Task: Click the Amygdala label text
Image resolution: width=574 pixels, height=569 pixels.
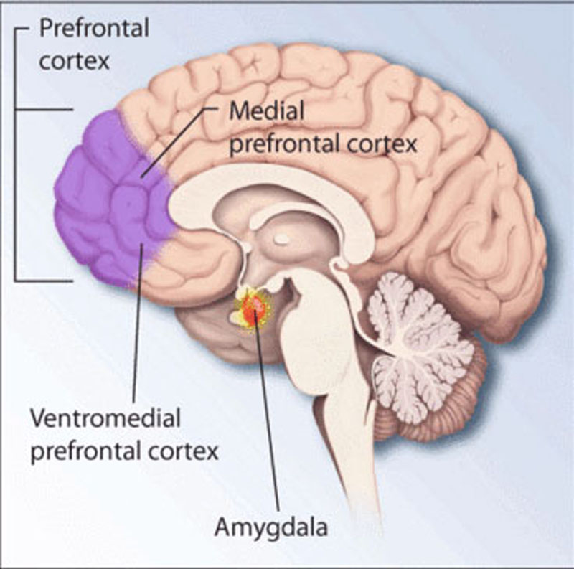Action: (271, 529)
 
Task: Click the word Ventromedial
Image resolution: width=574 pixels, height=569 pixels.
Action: (105, 417)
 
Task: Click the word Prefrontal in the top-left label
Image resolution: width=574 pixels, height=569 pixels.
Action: (94, 29)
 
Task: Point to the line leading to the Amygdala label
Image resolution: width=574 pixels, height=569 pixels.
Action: (266, 416)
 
